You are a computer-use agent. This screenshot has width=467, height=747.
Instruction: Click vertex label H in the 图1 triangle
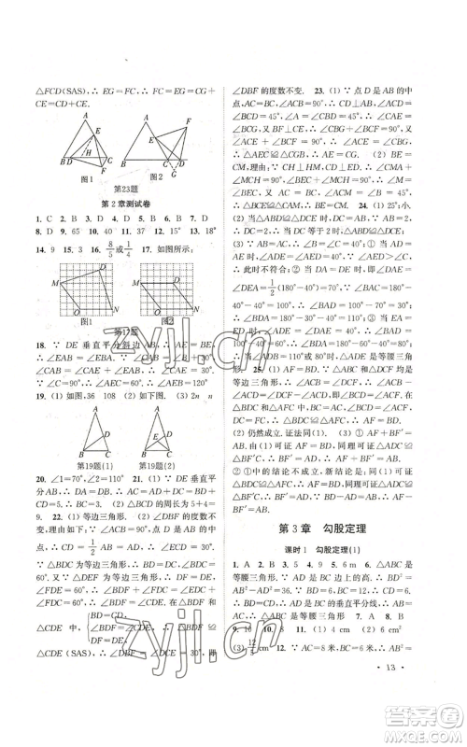click(x=85, y=151)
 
